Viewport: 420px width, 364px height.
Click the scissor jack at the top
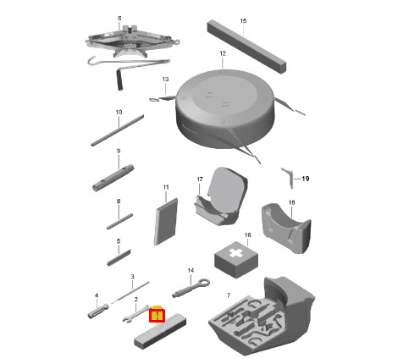coord(132,41)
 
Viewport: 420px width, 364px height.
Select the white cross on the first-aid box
coord(236,253)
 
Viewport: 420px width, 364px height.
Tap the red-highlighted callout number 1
coord(157,316)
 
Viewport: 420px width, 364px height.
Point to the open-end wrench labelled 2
coord(136,314)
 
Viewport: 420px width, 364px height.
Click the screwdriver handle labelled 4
coord(98,312)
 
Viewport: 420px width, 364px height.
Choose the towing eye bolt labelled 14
coord(191,288)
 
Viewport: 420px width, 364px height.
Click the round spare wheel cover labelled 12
coord(225,109)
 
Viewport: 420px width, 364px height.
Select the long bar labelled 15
coord(246,47)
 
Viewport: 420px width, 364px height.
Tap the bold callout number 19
coord(306,179)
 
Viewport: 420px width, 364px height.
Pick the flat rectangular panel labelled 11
coord(166,222)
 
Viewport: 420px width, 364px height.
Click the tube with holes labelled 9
coord(113,179)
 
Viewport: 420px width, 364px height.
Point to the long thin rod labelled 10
coord(117,130)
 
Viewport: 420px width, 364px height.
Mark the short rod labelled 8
coord(119,222)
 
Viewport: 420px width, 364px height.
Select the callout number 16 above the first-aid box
coord(247,234)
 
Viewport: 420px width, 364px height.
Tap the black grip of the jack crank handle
coord(119,80)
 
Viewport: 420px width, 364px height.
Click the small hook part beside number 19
coord(288,177)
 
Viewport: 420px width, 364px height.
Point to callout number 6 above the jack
coord(119,19)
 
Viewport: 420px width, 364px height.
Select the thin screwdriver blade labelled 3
coord(130,292)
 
